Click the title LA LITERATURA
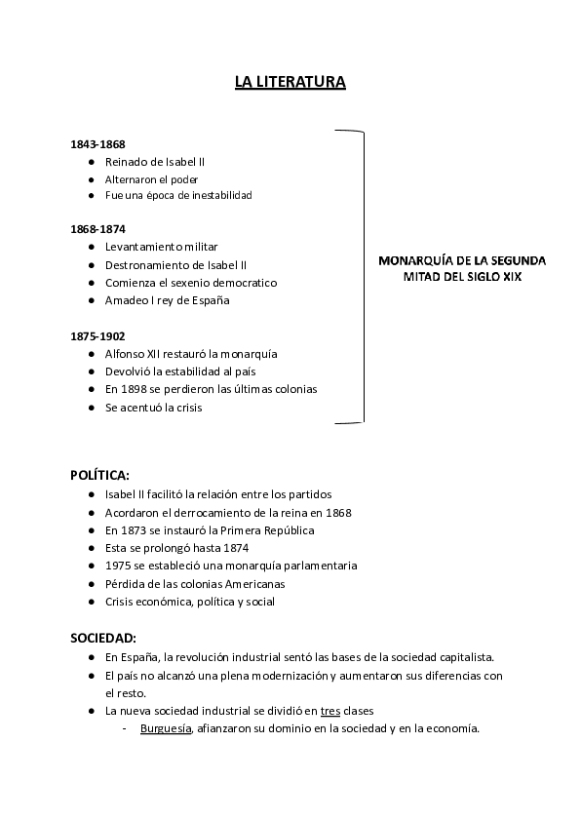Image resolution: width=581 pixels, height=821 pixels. tap(290, 83)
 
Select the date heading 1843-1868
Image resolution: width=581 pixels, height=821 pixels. tap(97, 144)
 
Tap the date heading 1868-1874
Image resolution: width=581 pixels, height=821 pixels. tap(97, 229)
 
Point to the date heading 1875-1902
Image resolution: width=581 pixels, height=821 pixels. tap(97, 336)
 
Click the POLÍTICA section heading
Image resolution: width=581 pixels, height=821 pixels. tap(99, 476)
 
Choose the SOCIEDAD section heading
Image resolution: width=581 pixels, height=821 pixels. tap(102, 638)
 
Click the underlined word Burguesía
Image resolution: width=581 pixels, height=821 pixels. tap(166, 729)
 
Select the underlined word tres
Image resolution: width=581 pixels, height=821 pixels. tap(332, 711)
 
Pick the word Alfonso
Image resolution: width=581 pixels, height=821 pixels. tap(127, 354)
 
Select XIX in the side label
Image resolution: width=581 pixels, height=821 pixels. tap(510, 277)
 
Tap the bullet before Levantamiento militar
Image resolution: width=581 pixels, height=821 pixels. tap(91, 247)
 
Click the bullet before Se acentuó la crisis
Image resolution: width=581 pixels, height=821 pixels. tap(91, 408)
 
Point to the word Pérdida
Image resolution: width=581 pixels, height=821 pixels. tap(125, 584)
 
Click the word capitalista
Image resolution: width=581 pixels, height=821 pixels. tap(464, 656)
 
